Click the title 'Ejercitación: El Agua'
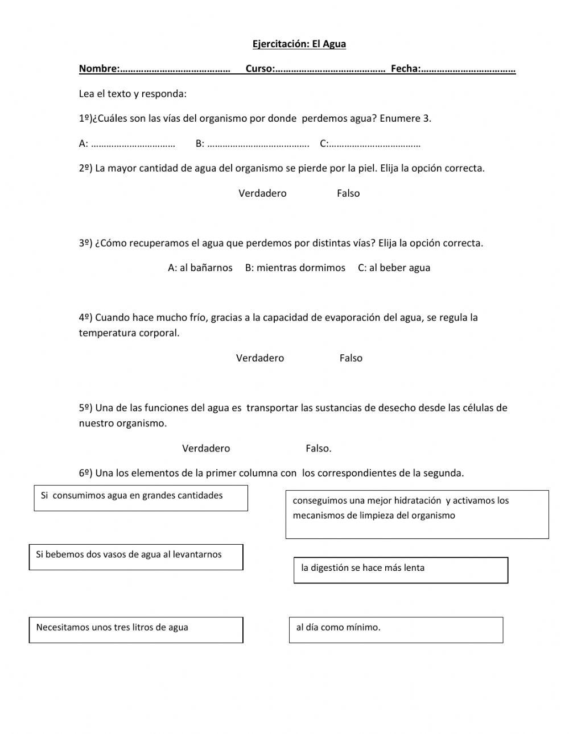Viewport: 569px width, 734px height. (299, 44)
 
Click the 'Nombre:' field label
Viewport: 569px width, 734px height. (98, 69)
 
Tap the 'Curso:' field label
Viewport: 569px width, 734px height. (259, 69)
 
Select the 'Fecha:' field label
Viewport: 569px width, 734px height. (405, 69)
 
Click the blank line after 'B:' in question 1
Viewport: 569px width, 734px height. (258, 144)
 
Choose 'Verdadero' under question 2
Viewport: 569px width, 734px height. (262, 193)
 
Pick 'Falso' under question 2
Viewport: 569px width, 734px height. (348, 193)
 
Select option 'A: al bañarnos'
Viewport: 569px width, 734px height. (200, 268)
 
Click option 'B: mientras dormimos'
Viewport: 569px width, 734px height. (295, 268)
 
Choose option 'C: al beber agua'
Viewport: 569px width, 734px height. (394, 268)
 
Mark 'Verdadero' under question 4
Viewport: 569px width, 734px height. (260, 358)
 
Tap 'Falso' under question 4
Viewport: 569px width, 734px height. (351, 358)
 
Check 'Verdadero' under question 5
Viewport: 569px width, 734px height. (206, 449)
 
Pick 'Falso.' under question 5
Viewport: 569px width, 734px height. (319, 449)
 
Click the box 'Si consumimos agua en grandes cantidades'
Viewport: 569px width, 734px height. (141, 497)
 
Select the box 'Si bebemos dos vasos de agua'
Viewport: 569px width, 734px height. (136, 557)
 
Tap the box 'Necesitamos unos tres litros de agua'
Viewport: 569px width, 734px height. (136, 629)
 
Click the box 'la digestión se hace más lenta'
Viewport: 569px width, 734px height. (401, 570)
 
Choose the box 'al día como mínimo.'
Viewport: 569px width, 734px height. (396, 629)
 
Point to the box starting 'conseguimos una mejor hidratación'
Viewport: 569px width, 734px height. (417, 514)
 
